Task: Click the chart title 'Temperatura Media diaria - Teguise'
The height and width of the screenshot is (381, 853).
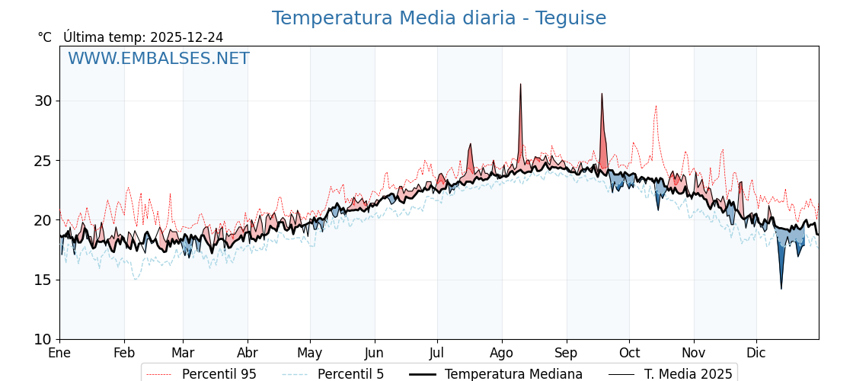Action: pos(439,18)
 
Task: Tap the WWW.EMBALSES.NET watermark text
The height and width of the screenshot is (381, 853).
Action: pos(158,59)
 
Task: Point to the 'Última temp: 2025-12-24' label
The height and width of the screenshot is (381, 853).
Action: pos(143,37)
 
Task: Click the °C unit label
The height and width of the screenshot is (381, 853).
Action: pos(45,37)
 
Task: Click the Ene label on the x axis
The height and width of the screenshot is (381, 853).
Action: pos(59,353)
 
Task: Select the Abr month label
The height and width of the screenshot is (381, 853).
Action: pos(248,353)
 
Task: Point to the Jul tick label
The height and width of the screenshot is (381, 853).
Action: pos(437,353)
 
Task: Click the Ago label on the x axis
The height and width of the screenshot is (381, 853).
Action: pos(502,353)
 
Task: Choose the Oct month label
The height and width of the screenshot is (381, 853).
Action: pos(629,353)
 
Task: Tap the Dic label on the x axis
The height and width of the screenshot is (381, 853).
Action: pos(756,353)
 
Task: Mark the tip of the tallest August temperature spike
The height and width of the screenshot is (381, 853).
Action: pos(520,84)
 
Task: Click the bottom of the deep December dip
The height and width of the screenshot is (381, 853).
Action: pos(781,289)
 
